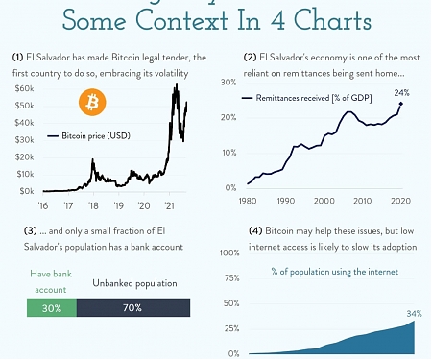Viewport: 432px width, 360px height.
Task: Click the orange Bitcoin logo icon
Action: click(x=93, y=103)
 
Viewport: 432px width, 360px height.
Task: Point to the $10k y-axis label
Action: click(x=23, y=174)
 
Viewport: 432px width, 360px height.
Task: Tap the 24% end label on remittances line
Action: click(x=401, y=93)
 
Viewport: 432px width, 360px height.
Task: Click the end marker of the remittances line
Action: click(x=400, y=104)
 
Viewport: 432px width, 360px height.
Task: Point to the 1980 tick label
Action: click(x=248, y=201)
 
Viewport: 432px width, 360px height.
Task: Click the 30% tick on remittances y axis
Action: click(x=229, y=83)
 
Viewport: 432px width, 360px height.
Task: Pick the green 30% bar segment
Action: click(x=51, y=308)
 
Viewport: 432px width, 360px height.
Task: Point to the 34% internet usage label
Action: click(x=415, y=313)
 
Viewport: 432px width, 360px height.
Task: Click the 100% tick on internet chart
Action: click(x=228, y=253)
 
